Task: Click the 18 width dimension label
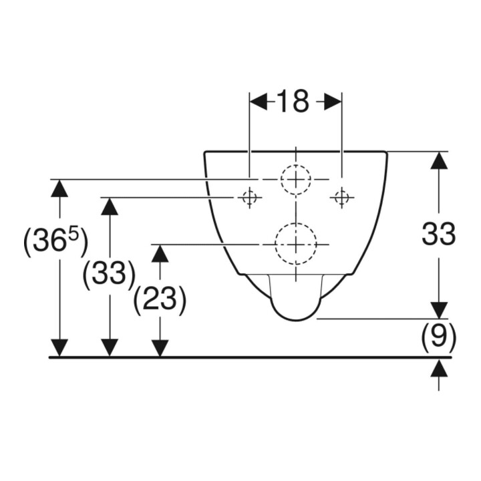click(293, 102)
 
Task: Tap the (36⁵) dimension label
click(56, 242)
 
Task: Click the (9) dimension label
click(438, 337)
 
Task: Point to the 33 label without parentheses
click(438, 234)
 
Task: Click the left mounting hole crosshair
click(250, 198)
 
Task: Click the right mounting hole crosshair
click(342, 198)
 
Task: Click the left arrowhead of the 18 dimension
click(259, 102)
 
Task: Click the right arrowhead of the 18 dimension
click(333, 102)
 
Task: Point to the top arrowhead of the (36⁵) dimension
click(59, 188)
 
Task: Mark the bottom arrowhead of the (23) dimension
click(160, 349)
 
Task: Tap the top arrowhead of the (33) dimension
click(110, 206)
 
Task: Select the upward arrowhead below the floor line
click(439, 367)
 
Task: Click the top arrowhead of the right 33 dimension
click(439, 160)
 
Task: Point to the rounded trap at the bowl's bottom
click(295, 321)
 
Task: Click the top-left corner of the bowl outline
click(204, 152)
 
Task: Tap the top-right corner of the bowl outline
click(387, 152)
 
